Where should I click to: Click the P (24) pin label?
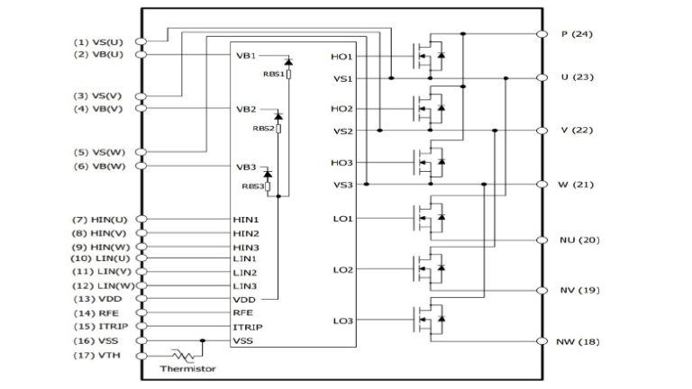(x=576, y=34)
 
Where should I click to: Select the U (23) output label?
(x=577, y=77)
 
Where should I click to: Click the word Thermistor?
(x=187, y=369)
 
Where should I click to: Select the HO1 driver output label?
(x=341, y=57)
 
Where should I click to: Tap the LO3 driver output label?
(x=341, y=321)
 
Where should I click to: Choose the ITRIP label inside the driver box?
(x=247, y=327)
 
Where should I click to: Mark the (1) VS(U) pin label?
(x=99, y=41)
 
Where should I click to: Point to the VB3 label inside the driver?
(x=246, y=167)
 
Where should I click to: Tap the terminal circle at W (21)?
(x=542, y=184)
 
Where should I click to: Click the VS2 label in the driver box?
(x=341, y=131)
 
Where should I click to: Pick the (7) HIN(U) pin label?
(x=100, y=220)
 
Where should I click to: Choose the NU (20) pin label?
(x=578, y=240)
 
